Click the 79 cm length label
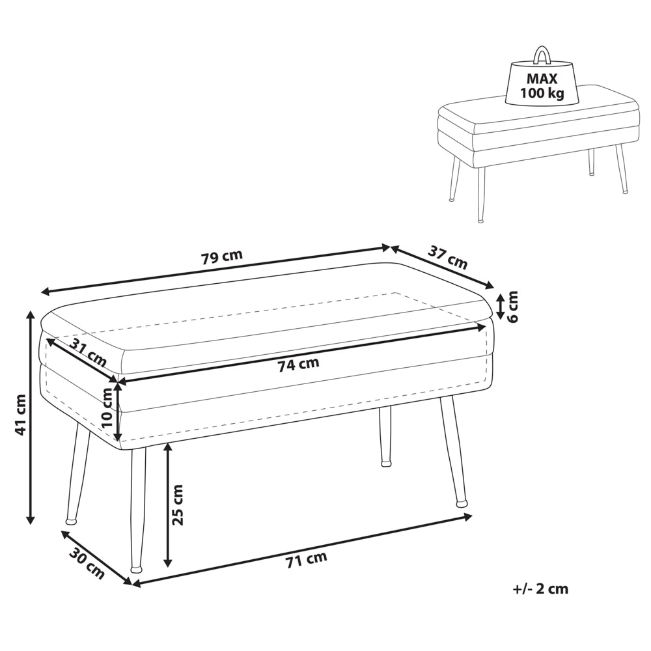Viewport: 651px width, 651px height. point(222,257)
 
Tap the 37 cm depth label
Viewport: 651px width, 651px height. point(448,257)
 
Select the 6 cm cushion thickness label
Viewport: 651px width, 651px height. point(513,307)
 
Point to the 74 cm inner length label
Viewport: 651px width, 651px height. point(299,364)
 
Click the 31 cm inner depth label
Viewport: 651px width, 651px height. point(88,352)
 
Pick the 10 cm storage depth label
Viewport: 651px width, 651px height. point(107,408)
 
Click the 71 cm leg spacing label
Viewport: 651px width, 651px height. point(306,560)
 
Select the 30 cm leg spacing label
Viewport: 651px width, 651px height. point(86,564)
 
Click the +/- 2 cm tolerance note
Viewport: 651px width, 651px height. point(540,589)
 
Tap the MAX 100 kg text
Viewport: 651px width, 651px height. point(542,85)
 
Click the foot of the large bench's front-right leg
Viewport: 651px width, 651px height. point(462,504)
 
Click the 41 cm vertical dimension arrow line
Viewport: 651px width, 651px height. point(31,417)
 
